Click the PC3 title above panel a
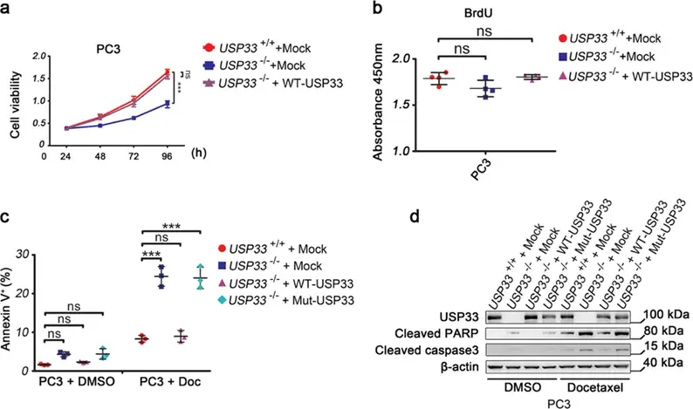109,48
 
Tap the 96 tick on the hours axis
167,156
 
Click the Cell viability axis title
15,105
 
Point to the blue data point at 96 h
167,105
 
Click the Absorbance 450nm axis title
378,102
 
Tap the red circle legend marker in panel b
563,38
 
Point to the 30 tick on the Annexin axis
22,255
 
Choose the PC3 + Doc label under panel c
170,381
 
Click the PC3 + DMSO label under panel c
77,381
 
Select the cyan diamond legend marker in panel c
223,300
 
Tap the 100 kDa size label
666,315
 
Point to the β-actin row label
459,366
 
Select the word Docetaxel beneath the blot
595,388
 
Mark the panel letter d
415,218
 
